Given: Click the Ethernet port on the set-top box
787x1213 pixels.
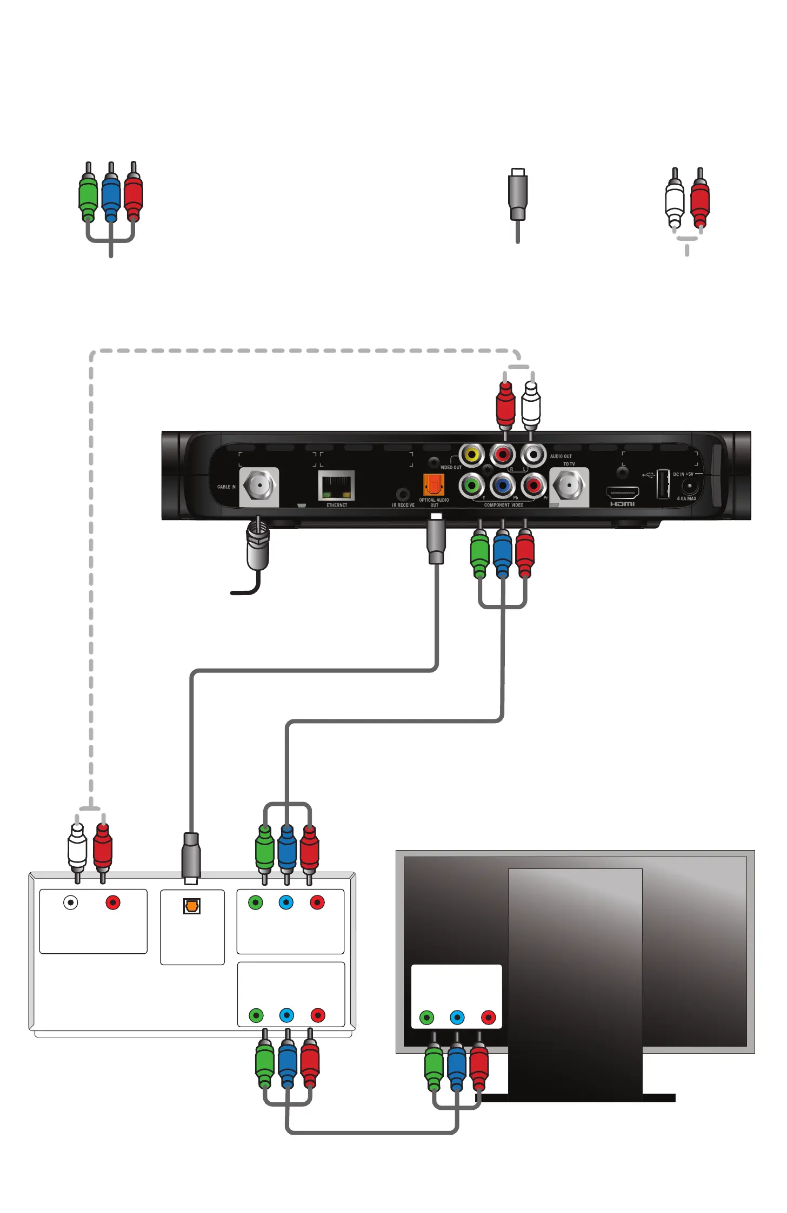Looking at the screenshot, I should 336,485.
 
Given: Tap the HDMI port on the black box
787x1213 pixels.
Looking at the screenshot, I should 622,493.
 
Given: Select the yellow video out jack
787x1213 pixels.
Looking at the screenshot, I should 472,455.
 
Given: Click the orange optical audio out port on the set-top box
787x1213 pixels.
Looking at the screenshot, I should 434,484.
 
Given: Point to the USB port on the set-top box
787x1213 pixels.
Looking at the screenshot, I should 663,484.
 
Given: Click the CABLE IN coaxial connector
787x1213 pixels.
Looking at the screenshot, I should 259,486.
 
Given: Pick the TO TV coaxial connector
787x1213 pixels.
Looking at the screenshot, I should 569,486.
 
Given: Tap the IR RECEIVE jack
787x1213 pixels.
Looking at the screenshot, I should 402,494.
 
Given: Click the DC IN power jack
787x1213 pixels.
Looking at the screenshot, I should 689,487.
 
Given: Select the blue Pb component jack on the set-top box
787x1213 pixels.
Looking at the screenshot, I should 503,486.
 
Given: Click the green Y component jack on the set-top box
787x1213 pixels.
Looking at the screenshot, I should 472,486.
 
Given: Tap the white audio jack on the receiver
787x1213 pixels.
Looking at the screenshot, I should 71,902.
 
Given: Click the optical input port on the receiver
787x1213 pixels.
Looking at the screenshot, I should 192,906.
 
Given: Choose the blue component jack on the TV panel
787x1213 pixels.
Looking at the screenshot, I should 457,1018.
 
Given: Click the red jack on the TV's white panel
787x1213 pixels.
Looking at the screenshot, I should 489,1018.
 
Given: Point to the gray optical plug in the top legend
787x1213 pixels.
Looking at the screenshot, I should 518,194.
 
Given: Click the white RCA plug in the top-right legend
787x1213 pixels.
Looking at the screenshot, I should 674,203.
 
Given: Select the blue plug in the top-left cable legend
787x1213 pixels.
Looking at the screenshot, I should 111,197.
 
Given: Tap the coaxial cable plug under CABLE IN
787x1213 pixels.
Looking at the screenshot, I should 258,548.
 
